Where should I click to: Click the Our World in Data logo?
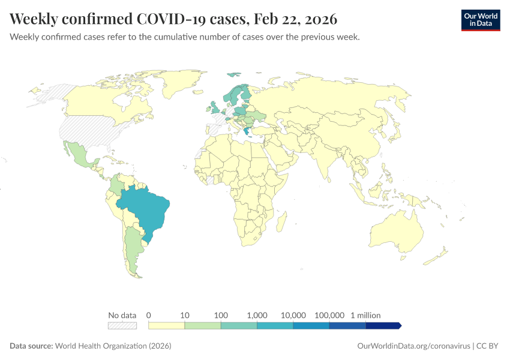tap(480, 19)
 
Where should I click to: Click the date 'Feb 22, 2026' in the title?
tap(296, 19)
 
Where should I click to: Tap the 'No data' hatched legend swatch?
tap(122, 325)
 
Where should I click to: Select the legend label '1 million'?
tap(365, 315)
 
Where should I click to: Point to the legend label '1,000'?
tap(257, 315)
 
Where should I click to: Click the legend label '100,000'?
tap(329, 315)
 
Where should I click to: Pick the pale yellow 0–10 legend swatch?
tap(166, 325)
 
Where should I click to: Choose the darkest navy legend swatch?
tap(383, 325)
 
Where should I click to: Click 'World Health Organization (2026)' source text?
tap(113, 346)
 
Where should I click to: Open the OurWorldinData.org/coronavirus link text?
tap(413, 346)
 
